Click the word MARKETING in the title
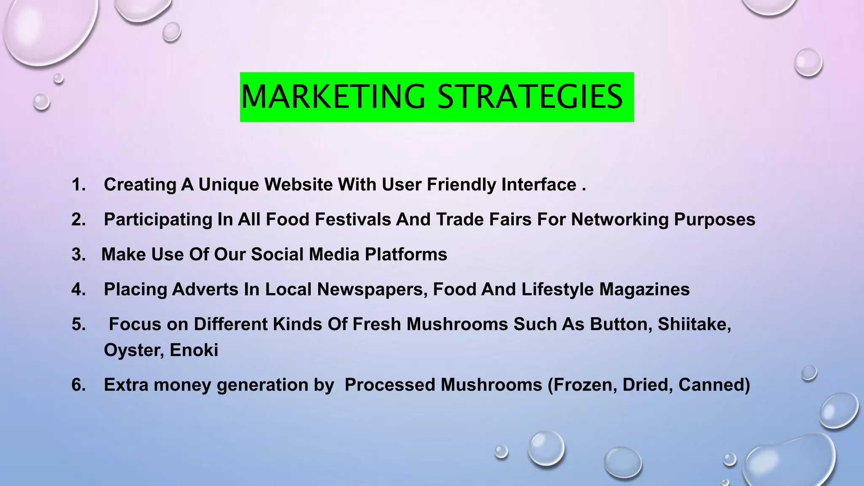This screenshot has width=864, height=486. [333, 97]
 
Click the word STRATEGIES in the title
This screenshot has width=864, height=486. [530, 97]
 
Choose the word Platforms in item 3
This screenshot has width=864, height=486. [406, 254]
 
